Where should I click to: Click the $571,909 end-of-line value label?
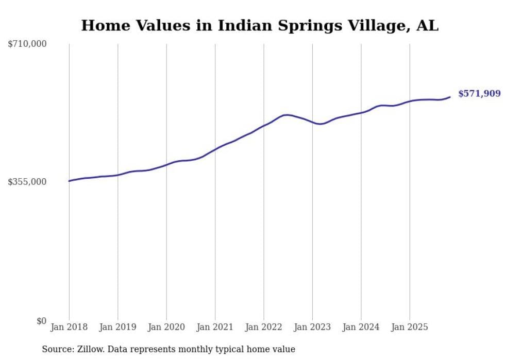(479, 93)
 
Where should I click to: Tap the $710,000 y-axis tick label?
(27, 44)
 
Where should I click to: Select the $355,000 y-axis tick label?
(27, 182)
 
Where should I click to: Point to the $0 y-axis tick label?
(41, 321)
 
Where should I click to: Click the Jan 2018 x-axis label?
(69, 327)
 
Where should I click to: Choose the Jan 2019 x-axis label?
(117, 327)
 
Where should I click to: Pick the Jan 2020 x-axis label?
(166, 327)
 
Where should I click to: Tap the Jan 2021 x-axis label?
(215, 327)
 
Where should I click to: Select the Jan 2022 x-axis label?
(264, 327)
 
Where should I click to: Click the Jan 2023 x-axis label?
(312, 327)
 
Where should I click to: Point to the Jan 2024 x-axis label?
(361, 327)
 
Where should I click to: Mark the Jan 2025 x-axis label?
(410, 327)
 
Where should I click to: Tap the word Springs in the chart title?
(287, 26)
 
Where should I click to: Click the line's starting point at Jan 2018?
(69, 181)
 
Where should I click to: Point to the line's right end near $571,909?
(450, 97)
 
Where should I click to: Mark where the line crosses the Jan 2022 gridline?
(264, 125)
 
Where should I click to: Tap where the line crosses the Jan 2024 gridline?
(361, 112)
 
